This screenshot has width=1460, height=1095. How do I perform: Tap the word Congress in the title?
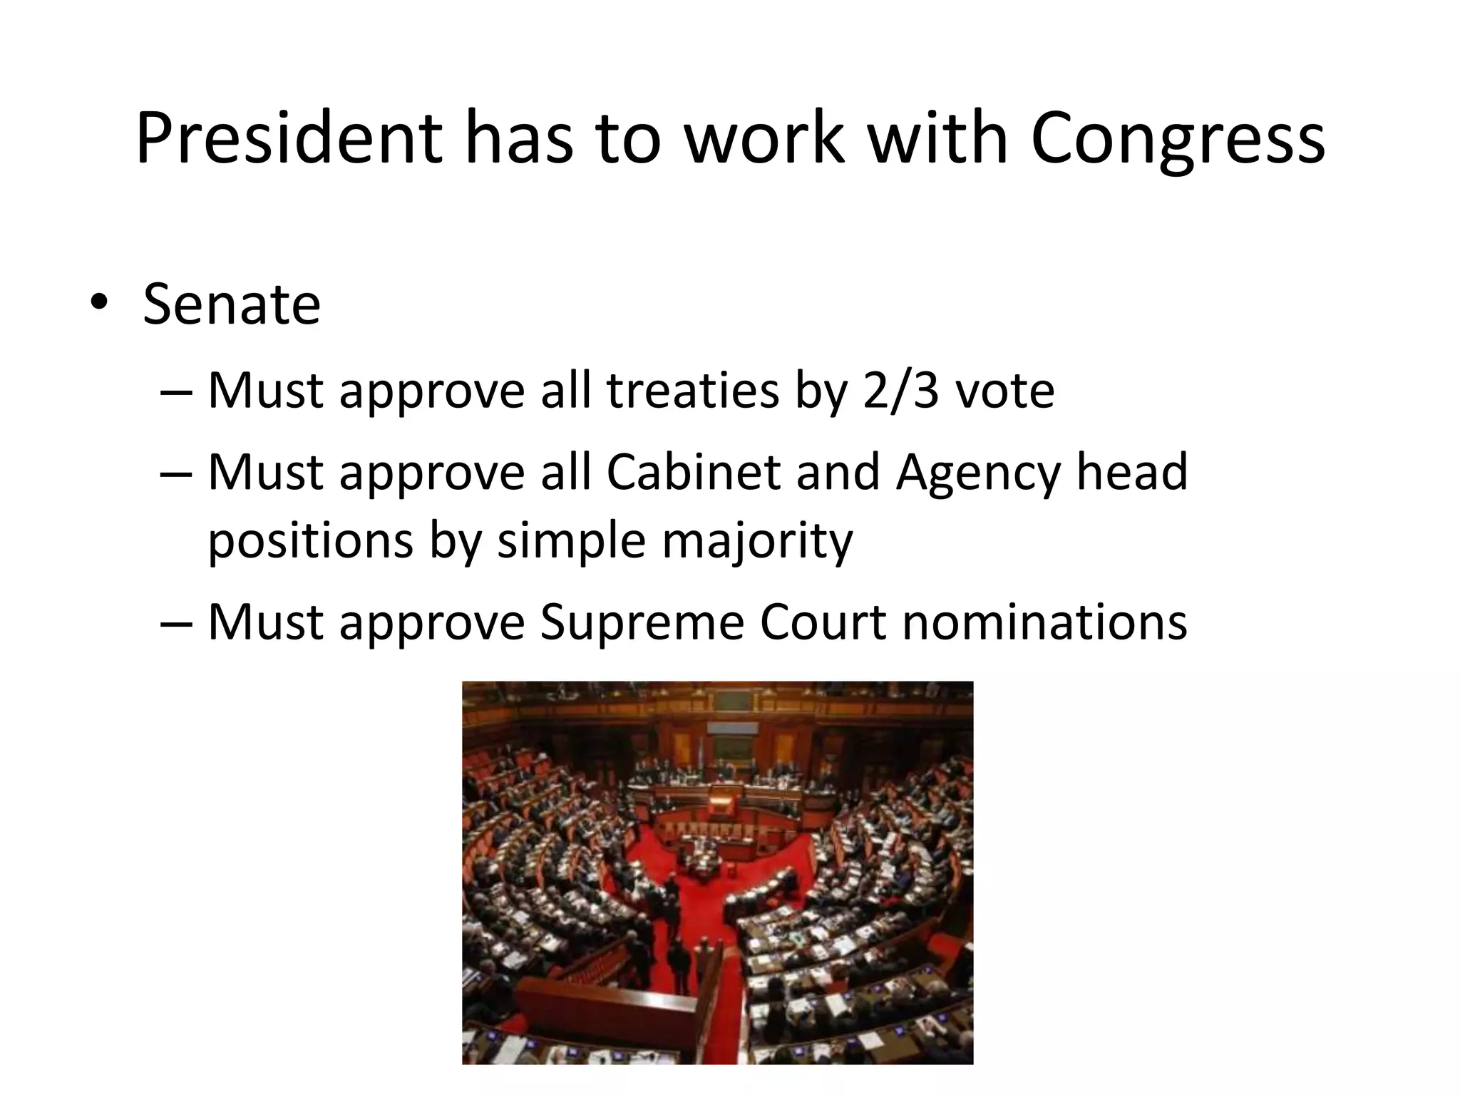(1178, 140)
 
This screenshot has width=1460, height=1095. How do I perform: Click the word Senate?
(232, 305)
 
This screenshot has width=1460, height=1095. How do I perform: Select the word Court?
(823, 622)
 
